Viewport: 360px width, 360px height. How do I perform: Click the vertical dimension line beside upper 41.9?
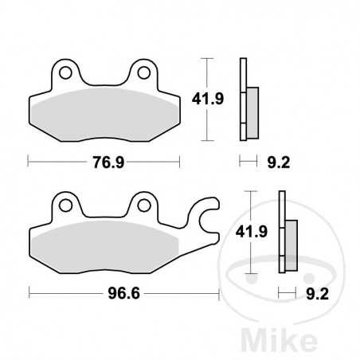click(208, 100)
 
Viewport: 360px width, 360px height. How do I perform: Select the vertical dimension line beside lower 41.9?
click(252, 233)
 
